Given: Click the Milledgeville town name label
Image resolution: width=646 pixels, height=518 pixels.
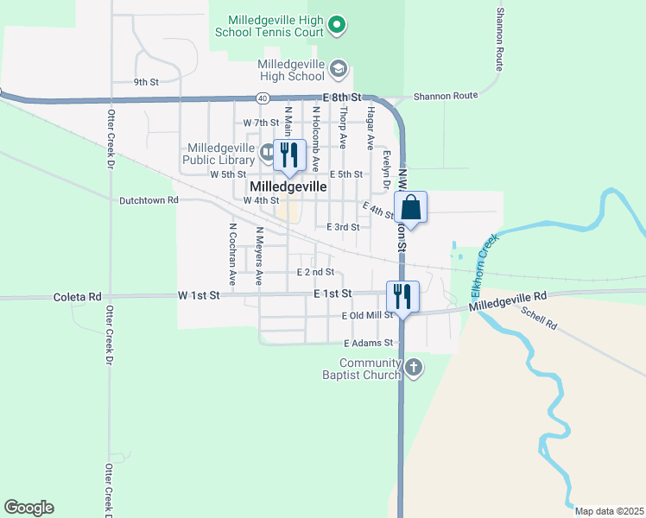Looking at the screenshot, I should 288,186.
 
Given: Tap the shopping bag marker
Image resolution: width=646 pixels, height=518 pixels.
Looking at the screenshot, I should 411,208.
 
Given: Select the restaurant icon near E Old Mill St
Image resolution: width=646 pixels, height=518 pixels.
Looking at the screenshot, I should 402,297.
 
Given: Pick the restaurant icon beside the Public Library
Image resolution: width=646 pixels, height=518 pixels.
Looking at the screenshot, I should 289,155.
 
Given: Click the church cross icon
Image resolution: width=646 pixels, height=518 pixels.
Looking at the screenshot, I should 414,369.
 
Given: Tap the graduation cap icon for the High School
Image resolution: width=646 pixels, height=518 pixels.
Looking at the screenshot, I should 339,68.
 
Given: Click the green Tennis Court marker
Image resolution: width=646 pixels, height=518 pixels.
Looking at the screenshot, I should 339,26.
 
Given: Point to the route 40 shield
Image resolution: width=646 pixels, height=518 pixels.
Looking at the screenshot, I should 262,98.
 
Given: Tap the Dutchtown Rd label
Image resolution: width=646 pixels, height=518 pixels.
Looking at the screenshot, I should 148,199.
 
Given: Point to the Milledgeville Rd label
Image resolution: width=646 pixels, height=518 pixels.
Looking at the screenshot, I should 509,301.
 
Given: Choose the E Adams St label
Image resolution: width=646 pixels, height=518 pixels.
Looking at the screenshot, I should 366,344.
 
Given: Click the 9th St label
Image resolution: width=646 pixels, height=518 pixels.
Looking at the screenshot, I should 146,82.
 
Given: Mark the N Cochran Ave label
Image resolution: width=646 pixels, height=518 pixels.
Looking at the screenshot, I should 232,255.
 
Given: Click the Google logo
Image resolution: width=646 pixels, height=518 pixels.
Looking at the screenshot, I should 28,508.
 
